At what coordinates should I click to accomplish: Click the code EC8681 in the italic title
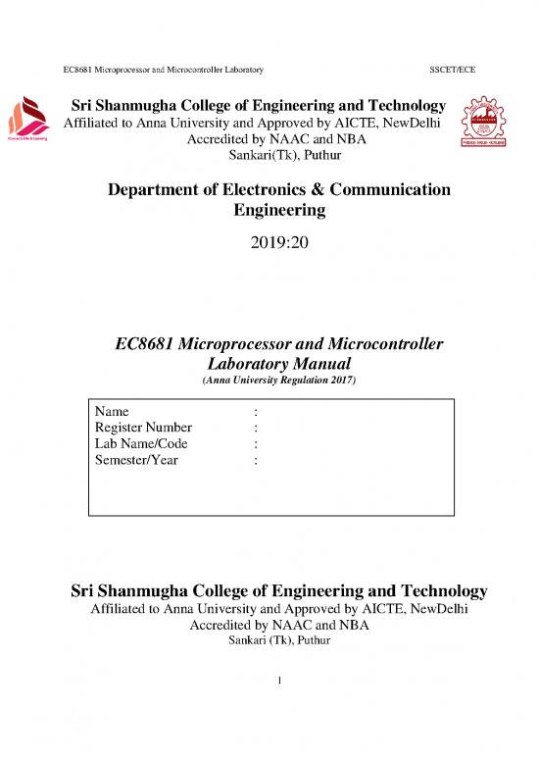[x=147, y=344]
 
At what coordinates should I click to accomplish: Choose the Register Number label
[x=143, y=427]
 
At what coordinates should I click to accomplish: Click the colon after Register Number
[x=255, y=427]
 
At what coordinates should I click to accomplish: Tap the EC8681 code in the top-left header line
[x=78, y=71]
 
